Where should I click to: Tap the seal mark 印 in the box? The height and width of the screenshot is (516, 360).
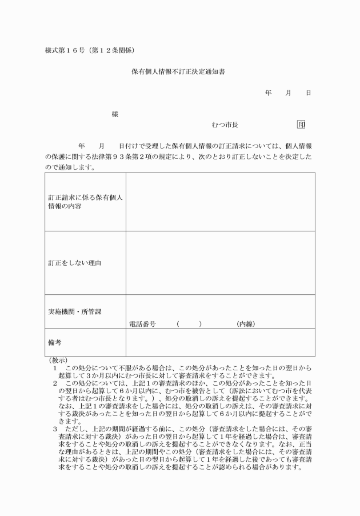301,124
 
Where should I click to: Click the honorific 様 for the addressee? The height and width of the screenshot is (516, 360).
115,114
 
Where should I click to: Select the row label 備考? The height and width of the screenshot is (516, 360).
55,343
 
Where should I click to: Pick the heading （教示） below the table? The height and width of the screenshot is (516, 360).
58,361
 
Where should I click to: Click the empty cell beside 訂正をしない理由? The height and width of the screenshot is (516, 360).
220,263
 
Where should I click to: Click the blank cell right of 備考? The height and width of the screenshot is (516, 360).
220,343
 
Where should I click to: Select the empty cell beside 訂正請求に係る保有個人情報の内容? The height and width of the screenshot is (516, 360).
220,202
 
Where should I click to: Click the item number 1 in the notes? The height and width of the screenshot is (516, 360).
55,369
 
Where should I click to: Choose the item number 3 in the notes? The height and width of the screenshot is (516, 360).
55,427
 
